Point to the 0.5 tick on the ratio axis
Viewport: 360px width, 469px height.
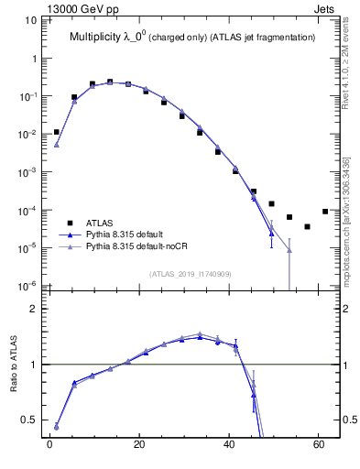coord(32,420)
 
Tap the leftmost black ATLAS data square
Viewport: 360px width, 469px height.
coord(56,132)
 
